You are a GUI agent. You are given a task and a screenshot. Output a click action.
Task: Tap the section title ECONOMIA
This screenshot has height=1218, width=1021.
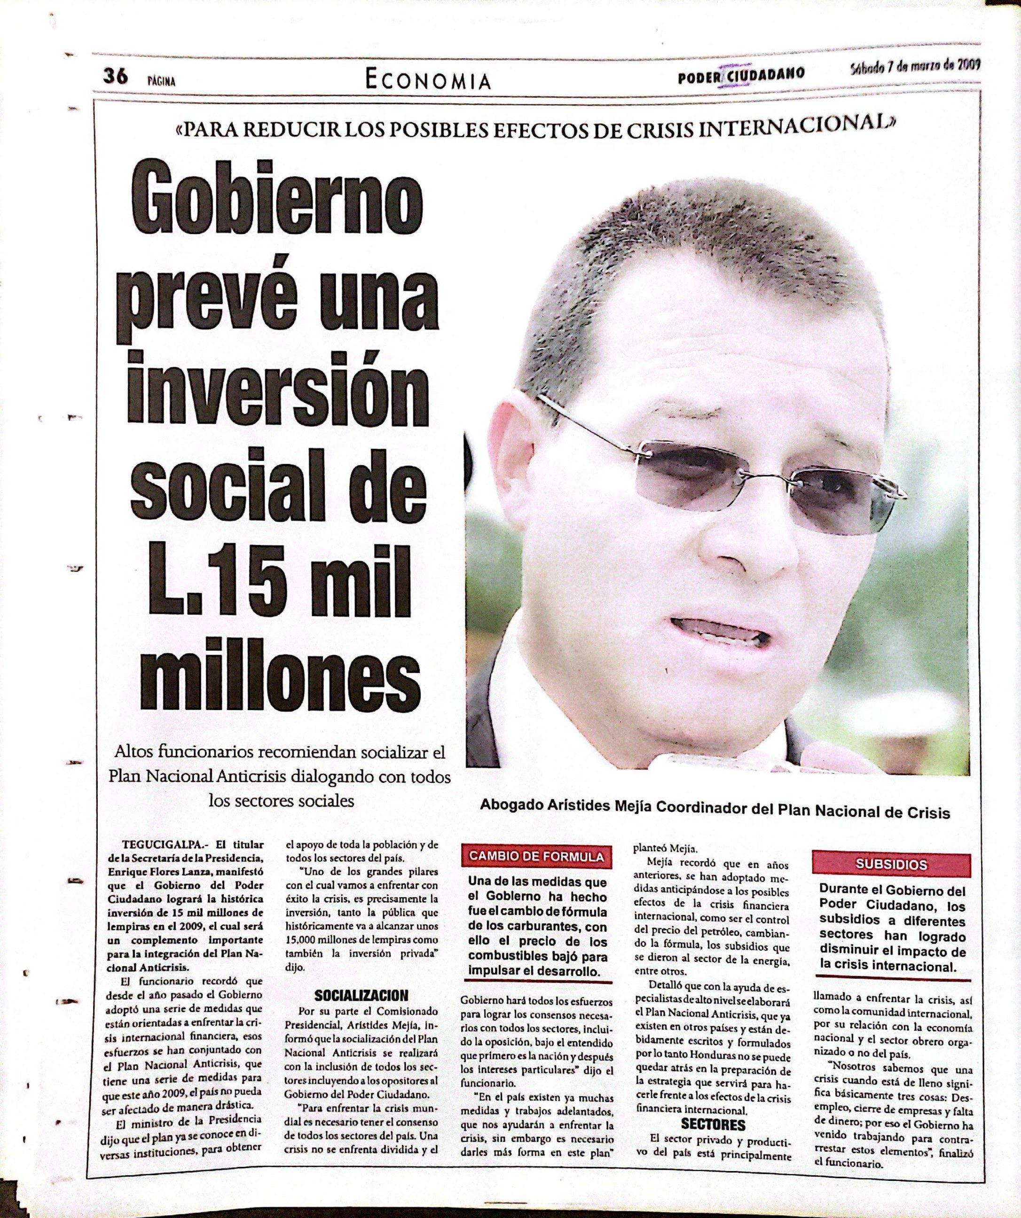coord(428,80)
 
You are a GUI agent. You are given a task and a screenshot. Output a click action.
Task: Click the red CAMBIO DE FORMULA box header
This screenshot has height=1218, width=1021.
coord(536,857)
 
